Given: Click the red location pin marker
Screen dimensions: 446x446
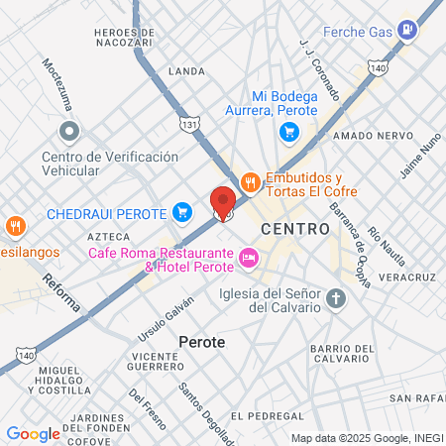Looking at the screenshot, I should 223,202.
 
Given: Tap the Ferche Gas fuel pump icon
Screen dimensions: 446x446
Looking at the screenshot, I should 406,30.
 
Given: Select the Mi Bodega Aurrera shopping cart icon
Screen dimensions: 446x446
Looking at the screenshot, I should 288,132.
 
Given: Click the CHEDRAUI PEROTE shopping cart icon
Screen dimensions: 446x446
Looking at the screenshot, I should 181,211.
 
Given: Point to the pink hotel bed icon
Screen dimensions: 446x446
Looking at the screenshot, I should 248,260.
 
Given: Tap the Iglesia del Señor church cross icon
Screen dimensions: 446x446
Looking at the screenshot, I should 336,299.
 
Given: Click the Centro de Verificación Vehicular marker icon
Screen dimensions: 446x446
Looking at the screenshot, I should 69,131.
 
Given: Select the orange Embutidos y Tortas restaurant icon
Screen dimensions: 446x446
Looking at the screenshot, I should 250,181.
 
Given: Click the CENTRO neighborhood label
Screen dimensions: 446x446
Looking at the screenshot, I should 295,229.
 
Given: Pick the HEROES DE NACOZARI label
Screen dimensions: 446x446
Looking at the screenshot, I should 124,38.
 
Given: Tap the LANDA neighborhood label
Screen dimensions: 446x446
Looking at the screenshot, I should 186,71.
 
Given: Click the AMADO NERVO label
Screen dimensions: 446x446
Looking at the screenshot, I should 366,135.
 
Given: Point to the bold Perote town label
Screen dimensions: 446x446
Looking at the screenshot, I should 202,342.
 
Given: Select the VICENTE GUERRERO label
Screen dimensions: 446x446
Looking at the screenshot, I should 155,362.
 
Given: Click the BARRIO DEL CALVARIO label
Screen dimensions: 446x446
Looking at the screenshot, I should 342,354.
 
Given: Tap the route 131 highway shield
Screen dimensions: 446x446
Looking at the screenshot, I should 190,124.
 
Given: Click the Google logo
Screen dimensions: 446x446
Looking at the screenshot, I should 33,433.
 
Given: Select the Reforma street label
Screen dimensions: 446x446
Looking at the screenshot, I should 61,294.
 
